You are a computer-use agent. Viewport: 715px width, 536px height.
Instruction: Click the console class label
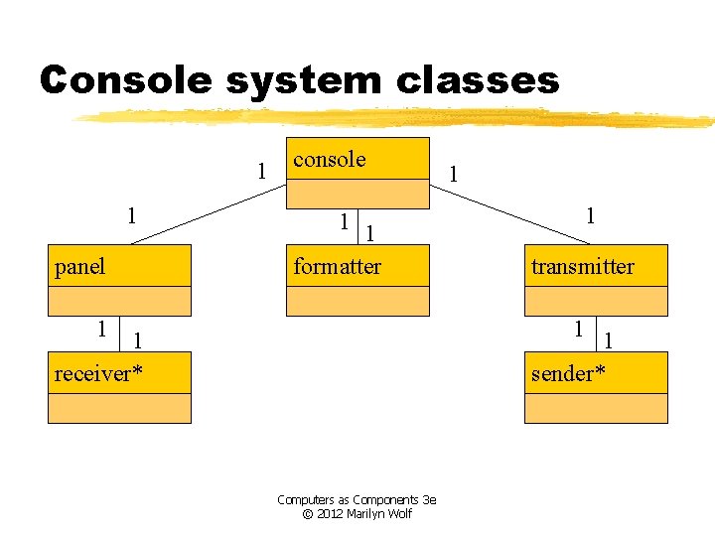pyautogui.click(x=330, y=159)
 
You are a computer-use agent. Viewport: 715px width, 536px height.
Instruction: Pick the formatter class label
pyautogui.click(x=337, y=266)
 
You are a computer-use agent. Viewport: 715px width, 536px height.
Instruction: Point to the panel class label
pyautogui.click(x=79, y=266)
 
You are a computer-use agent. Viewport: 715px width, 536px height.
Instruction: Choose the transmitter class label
pyautogui.click(x=582, y=266)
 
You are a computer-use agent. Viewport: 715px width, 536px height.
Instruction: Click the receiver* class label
pyautogui.click(x=97, y=373)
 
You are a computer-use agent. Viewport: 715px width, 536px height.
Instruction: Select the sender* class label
pyautogui.click(x=568, y=373)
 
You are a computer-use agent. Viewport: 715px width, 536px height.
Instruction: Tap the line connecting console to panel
pyautogui.click(x=209, y=211)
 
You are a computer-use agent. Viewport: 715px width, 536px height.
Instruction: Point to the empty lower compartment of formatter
pyautogui.click(x=357, y=301)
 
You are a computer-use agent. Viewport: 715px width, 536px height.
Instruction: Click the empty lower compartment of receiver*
pyautogui.click(x=119, y=408)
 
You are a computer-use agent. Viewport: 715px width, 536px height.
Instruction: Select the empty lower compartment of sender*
pyautogui.click(x=596, y=408)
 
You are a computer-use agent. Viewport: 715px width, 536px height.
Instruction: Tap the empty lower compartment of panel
pyautogui.click(x=119, y=301)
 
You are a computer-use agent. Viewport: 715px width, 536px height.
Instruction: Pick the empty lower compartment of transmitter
pyautogui.click(x=596, y=301)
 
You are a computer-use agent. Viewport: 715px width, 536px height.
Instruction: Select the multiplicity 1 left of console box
pyautogui.click(x=261, y=170)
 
